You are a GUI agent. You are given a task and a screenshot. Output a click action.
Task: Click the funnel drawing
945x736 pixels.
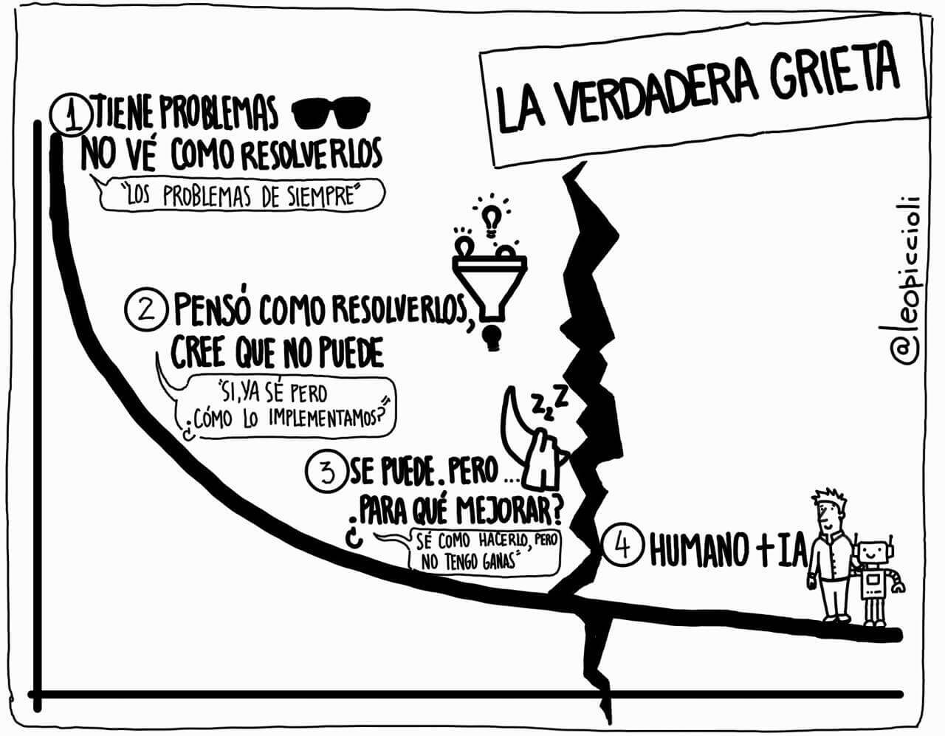(x=489, y=281)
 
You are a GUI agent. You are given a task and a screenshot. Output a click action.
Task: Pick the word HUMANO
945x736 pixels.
(x=697, y=549)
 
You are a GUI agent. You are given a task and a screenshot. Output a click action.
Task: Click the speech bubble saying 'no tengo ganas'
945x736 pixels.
(x=484, y=551)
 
